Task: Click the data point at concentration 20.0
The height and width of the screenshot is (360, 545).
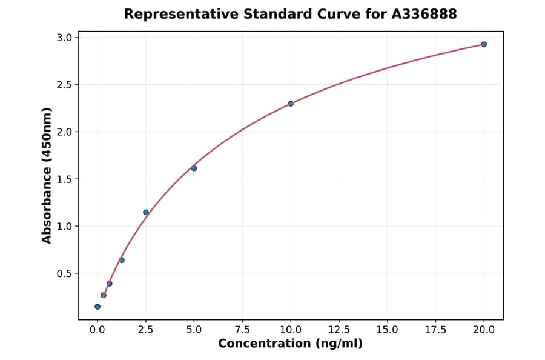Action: [x=484, y=44]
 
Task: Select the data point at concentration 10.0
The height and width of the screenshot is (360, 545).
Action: [x=291, y=104]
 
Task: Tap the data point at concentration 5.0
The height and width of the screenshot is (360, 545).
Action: [x=194, y=168]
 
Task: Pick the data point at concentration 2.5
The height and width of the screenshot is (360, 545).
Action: [x=146, y=212]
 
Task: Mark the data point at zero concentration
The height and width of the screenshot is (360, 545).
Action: [x=97, y=307]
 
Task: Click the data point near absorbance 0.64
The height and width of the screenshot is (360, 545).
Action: [x=122, y=260]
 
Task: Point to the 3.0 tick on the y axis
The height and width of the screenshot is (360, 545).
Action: [x=65, y=38]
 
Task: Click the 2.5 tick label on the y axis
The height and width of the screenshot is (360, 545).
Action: [x=65, y=85]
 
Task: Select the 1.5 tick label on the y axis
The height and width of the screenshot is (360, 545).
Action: [x=65, y=179]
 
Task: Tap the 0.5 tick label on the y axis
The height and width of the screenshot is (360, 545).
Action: [x=65, y=273]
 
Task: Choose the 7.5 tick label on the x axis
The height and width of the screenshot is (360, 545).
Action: [x=242, y=330]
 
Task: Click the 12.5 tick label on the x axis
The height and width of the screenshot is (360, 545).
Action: [x=339, y=330]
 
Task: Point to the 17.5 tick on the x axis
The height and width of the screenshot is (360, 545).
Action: [x=435, y=330]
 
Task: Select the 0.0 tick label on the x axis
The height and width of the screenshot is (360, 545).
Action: [x=97, y=330]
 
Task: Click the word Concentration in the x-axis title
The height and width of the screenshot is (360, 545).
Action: [x=263, y=344]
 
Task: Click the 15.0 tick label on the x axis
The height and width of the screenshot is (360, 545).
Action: [x=387, y=330]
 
